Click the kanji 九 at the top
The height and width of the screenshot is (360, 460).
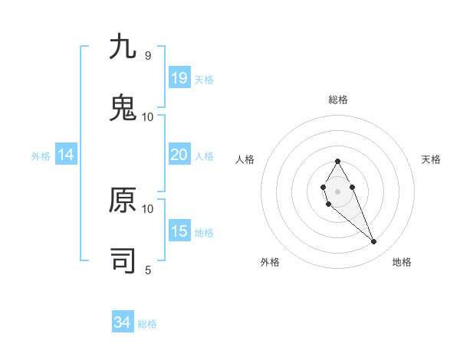pyautogui.click(x=123, y=47)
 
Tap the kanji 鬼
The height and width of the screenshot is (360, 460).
pyautogui.click(x=123, y=108)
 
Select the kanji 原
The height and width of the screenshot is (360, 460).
pyautogui.click(x=123, y=200)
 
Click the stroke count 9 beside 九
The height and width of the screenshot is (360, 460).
pyautogui.click(x=148, y=56)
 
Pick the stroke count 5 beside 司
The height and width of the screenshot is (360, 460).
pyautogui.click(x=148, y=270)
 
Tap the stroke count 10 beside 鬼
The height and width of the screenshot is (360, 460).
pyautogui.click(x=148, y=116)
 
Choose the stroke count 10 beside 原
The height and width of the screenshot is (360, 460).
pyautogui.click(x=148, y=208)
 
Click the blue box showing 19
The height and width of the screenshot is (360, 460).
pyautogui.click(x=179, y=78)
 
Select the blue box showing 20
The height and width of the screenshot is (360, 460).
pyautogui.click(x=179, y=155)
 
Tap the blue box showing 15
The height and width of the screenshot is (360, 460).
pyautogui.click(x=179, y=231)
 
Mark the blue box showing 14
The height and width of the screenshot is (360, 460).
pyautogui.click(x=66, y=155)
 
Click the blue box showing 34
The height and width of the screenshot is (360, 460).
pyautogui.click(x=123, y=322)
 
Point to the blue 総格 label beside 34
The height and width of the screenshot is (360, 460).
pyautogui.click(x=147, y=324)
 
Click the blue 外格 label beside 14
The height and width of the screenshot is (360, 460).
pyautogui.click(x=41, y=156)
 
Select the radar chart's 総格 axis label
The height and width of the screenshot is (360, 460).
pyautogui.click(x=338, y=100)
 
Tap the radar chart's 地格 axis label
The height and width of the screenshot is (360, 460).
pyautogui.click(x=402, y=262)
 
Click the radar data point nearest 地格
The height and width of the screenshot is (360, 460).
pyautogui.click(x=374, y=242)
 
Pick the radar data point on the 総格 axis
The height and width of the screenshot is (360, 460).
pyautogui.click(x=337, y=161)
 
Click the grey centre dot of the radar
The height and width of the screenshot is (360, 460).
pyautogui.click(x=337, y=190)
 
